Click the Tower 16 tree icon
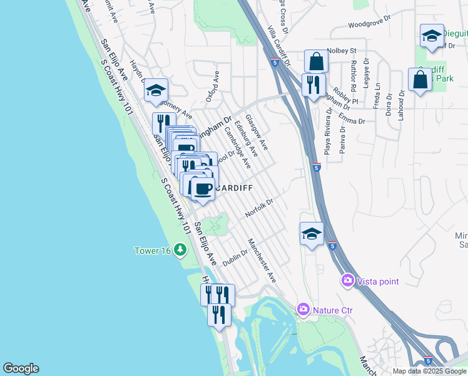(181, 251)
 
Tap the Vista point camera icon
(348, 281)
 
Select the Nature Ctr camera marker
(303, 309)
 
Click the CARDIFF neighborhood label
(235, 187)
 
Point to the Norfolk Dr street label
(260, 209)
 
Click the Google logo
(21, 368)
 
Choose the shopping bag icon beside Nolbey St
(316, 61)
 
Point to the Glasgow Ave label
(257, 132)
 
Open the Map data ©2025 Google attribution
(429, 371)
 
